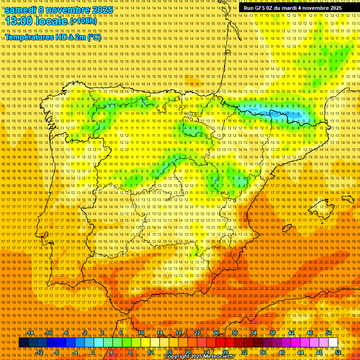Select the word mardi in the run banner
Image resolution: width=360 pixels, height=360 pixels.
pyautogui.click(x=293, y=8)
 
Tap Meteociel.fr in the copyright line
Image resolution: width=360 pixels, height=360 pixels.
pyautogui.click(x=221, y=357)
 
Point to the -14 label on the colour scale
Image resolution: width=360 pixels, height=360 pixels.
pyautogui.click(x=30, y=333)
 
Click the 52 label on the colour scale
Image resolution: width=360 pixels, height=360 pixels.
pyautogui.click(x=338, y=352)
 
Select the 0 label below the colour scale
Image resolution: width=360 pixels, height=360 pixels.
pyautogui.click(x=92, y=352)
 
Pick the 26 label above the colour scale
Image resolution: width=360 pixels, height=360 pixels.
pyautogui.click(x=216, y=333)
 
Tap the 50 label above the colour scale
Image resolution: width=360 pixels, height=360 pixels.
pyautogui.click(x=329, y=333)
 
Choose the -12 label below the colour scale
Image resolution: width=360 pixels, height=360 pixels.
pyautogui.click(x=39, y=352)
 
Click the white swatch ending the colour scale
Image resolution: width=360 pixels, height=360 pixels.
pyautogui.click(x=333, y=343)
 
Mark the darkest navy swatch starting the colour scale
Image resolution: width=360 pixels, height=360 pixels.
pyautogui.click(x=23, y=343)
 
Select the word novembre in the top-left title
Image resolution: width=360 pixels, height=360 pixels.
pyautogui.click(x=71, y=10)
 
